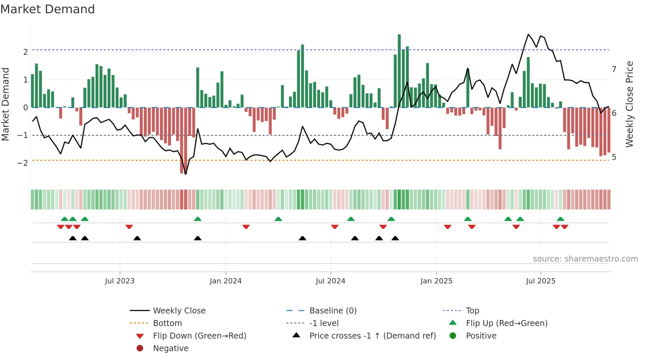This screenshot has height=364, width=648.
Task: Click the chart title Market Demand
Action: pos(48,9)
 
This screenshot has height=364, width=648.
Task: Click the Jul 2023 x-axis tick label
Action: pos(120,281)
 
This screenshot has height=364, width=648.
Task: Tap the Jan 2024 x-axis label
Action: pos(225,281)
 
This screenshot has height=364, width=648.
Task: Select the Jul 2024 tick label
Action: pos(330,281)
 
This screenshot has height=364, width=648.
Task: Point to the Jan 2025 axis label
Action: pos(436,281)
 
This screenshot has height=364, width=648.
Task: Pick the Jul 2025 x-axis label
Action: pos(541,281)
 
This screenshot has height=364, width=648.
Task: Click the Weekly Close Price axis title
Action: pos(629,104)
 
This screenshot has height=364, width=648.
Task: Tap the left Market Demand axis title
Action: pos(6,104)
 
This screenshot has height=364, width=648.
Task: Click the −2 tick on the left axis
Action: pos(23,163)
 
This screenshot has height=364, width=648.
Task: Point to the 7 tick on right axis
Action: pos(614,69)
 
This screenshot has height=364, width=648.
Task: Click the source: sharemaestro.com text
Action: pos(585,259)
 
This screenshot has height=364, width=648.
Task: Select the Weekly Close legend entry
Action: pos(179,311)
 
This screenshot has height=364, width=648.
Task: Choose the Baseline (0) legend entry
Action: pos(333,311)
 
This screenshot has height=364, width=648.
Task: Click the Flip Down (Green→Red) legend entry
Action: pos(199,336)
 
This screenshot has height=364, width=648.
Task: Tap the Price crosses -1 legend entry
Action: pos(372,336)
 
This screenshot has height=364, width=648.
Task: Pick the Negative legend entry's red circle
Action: pos(140,348)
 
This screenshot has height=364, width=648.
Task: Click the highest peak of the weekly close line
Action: pos(528,34)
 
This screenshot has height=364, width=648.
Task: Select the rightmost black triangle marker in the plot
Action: pos(395,238)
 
